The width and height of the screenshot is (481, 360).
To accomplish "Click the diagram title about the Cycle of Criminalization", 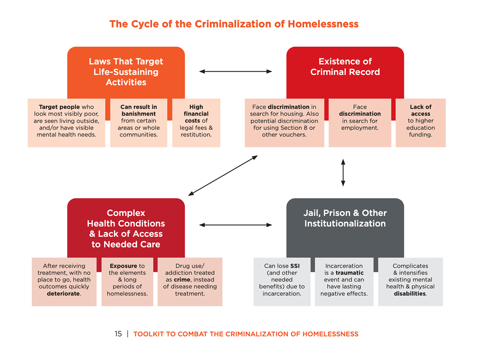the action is [234, 24].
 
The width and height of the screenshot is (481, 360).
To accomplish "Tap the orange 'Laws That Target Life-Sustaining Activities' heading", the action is [126, 72].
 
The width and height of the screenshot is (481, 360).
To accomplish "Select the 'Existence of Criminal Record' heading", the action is [345, 66].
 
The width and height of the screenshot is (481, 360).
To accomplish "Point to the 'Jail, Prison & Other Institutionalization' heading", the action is [345, 218].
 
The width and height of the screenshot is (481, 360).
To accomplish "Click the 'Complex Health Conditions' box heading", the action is [126, 229].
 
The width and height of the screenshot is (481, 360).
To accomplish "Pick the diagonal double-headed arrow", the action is [223, 175].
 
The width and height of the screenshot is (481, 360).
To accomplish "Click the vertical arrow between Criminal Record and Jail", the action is [343, 173].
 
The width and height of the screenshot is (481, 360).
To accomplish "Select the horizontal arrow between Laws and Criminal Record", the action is [236, 71].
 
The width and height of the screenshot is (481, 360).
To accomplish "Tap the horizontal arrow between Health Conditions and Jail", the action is [236, 225].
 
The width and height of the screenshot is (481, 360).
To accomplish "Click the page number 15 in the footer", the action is [118, 334].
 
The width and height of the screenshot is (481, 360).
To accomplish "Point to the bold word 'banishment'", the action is [139, 114].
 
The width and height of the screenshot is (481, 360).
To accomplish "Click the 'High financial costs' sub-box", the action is [196, 123].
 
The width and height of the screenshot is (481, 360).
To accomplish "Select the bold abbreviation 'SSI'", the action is [295, 266].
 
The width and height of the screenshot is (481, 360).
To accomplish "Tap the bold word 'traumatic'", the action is [350, 273].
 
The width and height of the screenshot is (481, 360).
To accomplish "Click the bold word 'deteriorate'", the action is [63, 294].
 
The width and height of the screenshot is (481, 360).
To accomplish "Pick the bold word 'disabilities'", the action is [410, 294].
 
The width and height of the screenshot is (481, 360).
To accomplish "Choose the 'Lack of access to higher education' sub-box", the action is [420, 123].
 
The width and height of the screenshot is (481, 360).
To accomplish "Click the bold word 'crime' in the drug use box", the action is [182, 280].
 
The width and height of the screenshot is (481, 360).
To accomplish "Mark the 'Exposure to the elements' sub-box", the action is [127, 282].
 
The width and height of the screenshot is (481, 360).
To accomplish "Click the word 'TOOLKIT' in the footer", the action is [149, 334].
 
